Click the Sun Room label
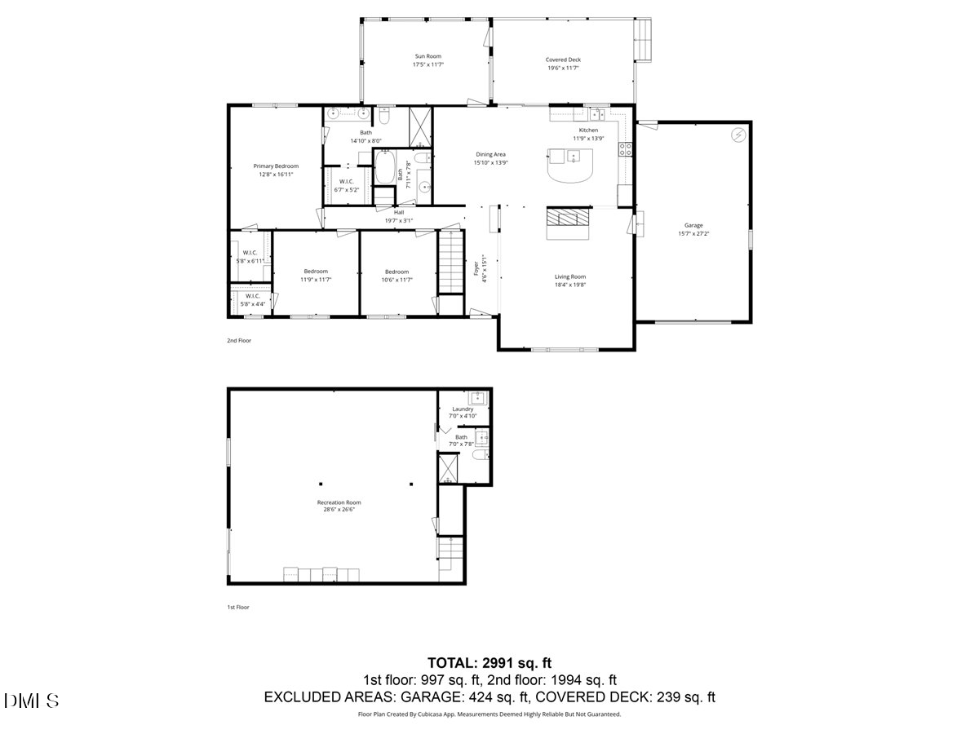(427, 56)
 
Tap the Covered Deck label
(563, 60)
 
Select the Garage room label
(693, 225)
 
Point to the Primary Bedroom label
(275, 166)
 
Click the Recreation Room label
(339, 502)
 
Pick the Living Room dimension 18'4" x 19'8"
(571, 285)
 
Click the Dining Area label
(491, 154)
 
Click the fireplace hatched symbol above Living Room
(568, 216)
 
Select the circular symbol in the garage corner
(738, 135)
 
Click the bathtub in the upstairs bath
(384, 169)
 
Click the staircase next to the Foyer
(450, 261)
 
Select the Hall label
(399, 212)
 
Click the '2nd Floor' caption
(239, 340)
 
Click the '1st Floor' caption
(238, 607)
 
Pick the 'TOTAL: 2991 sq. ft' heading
(489, 662)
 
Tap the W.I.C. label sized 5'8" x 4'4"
(252, 299)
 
